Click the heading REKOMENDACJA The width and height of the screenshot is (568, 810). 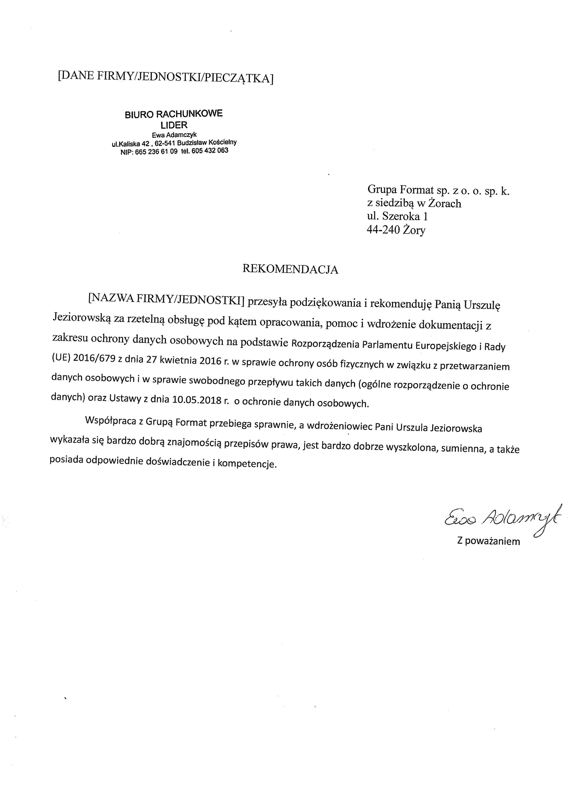point(290,270)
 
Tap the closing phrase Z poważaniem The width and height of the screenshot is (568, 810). point(488,541)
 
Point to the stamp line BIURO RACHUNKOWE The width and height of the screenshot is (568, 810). point(174,114)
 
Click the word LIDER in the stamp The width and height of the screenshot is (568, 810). point(174,125)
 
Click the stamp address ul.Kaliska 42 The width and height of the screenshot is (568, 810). point(130,144)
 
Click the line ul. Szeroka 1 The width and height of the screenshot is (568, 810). point(397,216)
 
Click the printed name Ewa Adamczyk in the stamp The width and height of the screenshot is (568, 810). point(174,135)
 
